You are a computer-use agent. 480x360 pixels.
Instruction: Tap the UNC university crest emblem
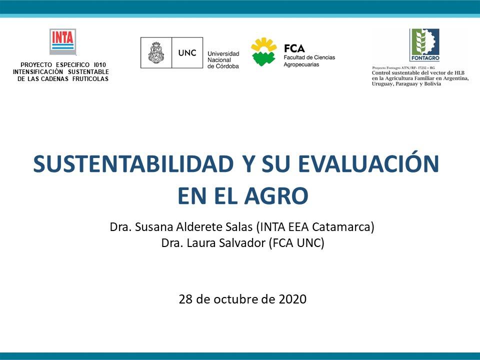click(153, 53)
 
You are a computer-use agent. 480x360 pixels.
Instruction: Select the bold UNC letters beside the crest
click(187, 52)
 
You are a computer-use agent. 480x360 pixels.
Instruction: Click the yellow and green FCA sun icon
click(263, 52)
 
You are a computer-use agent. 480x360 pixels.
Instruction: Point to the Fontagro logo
click(424, 44)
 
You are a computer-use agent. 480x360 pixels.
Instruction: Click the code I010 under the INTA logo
click(99, 65)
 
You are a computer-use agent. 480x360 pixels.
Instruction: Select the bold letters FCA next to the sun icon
click(294, 48)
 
